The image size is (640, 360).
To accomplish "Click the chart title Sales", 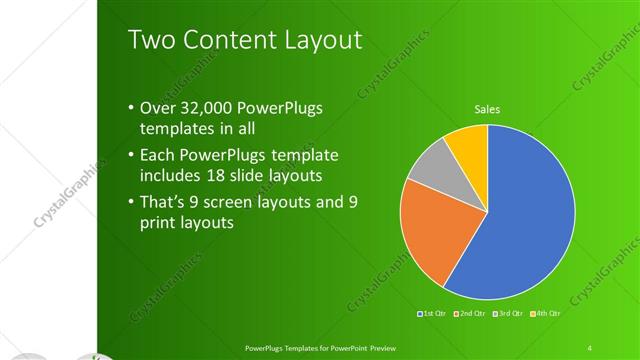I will (487, 109).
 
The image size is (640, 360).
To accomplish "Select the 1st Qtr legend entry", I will (433, 314).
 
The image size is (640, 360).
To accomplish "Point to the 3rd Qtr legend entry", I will (508, 314).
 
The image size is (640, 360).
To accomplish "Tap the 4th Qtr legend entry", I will (545, 314).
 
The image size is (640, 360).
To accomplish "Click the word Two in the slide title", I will (151, 40).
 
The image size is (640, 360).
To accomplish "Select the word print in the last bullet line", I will (159, 224).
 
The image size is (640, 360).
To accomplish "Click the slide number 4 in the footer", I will (590, 347).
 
